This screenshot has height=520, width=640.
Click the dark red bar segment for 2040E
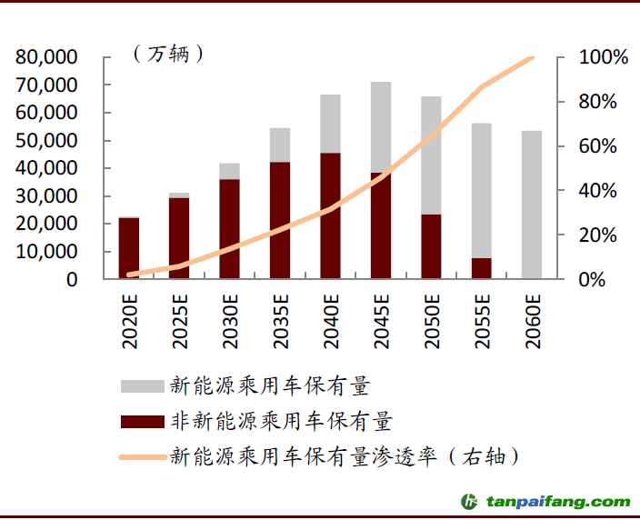point(330,215)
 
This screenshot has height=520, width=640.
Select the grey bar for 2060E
point(532,205)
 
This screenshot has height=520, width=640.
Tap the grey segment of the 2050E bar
point(431,155)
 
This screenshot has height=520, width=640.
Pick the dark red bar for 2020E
point(129,248)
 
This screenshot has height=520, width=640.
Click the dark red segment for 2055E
point(482,268)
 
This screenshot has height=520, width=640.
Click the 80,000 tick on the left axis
point(46,57)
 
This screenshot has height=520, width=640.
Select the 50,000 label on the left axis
point(46,141)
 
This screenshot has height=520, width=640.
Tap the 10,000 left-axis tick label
point(46,252)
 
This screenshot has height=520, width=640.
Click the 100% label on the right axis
point(604,57)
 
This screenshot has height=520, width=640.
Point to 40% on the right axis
point(604,191)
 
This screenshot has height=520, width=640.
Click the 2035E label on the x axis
point(281,323)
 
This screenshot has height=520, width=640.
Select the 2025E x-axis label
point(180,323)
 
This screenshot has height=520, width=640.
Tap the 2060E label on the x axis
point(533,323)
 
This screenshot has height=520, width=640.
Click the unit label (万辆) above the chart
point(168,54)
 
